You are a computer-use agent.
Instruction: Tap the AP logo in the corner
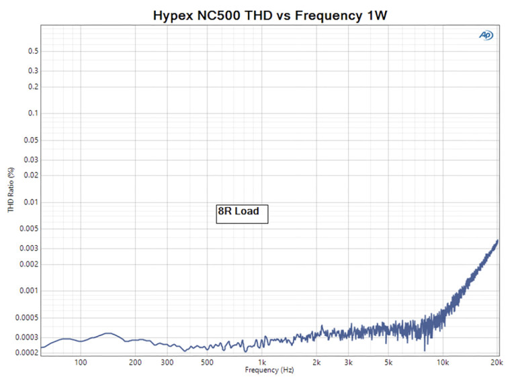[x=486, y=36]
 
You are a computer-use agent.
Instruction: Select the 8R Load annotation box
[x=242, y=212]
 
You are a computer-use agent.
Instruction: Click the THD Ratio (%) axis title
[x=11, y=190]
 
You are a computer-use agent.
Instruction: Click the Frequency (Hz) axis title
[x=269, y=370]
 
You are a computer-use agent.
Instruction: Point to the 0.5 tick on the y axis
[x=32, y=51]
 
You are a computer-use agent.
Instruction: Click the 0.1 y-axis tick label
[x=32, y=113]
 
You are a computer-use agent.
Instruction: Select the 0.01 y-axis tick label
[x=30, y=202]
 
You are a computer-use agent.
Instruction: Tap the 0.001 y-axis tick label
[x=28, y=290]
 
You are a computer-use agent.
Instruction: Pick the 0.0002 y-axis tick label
[x=27, y=352]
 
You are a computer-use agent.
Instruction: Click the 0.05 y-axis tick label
[x=30, y=140]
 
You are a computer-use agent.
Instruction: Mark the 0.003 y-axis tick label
[x=28, y=248]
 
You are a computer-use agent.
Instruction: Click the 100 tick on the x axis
[x=81, y=362]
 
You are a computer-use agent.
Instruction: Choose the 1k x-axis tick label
[x=261, y=362]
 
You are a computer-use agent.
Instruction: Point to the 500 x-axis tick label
[x=207, y=362]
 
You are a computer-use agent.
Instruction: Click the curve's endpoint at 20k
[x=497, y=240]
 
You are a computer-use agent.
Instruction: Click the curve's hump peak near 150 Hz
[x=107, y=333]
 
